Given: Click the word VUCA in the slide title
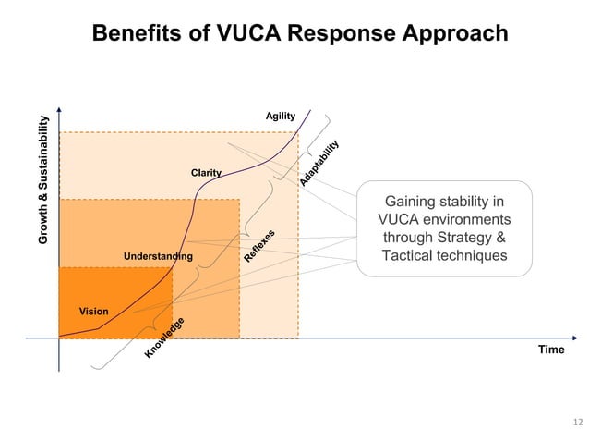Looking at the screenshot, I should click(x=253, y=34).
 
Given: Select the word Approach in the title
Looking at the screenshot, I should click(x=456, y=34).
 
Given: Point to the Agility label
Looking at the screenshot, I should click(x=280, y=116).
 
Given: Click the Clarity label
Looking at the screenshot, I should click(x=206, y=173).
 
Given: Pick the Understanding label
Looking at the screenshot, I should click(x=158, y=256).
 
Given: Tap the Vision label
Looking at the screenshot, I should click(x=93, y=312).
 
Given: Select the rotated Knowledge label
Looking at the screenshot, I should click(x=165, y=338).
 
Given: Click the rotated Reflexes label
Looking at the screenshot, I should click(x=260, y=244).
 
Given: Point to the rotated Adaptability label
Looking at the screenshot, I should click(x=319, y=163).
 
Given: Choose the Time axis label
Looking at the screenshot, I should click(x=551, y=350).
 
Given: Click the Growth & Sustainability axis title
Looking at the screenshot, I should click(x=43, y=179).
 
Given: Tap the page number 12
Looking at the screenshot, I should click(x=578, y=424).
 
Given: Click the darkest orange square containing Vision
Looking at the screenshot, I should click(x=115, y=301).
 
